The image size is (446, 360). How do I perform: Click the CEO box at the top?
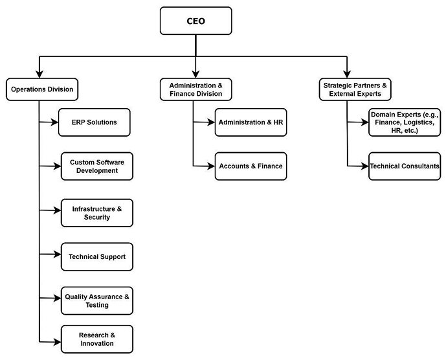point(195,21)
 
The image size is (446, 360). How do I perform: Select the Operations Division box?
point(40,89)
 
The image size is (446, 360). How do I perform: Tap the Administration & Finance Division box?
point(195,89)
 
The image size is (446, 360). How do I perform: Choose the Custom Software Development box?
point(97,166)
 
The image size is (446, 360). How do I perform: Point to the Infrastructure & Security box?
point(97,212)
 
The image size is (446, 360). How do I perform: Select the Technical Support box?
point(97,257)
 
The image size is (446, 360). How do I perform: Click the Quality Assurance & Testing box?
point(97,300)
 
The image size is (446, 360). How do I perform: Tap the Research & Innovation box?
point(97,339)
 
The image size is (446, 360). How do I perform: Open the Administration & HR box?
point(251,122)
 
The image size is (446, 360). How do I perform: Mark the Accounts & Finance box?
point(251,166)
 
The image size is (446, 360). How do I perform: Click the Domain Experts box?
point(405,122)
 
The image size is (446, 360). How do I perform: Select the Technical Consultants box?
point(405,166)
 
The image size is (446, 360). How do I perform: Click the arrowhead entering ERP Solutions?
point(54,122)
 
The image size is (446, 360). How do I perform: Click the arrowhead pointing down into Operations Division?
point(40,73)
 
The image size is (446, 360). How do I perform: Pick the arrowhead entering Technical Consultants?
point(364,166)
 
